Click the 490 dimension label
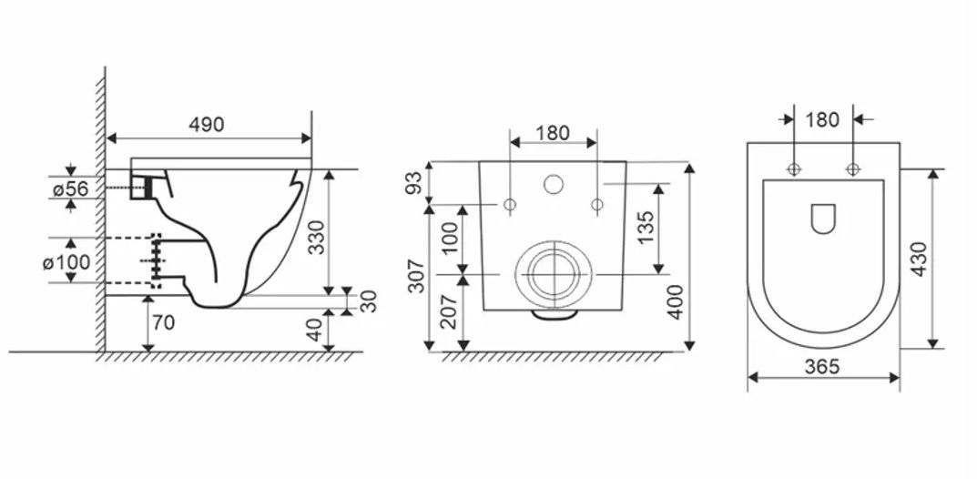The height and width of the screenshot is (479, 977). click(207, 125)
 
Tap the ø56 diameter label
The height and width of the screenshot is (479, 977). click(70, 189)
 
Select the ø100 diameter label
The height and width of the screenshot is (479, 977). click(66, 262)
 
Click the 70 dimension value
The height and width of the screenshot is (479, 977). click(164, 323)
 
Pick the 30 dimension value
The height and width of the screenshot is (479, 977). click(370, 301)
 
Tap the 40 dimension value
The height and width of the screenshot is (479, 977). click(317, 330)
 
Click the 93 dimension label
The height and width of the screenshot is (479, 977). click(415, 182)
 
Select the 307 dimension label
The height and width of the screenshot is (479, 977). click(416, 275)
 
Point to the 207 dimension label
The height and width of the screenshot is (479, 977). click(448, 312)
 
